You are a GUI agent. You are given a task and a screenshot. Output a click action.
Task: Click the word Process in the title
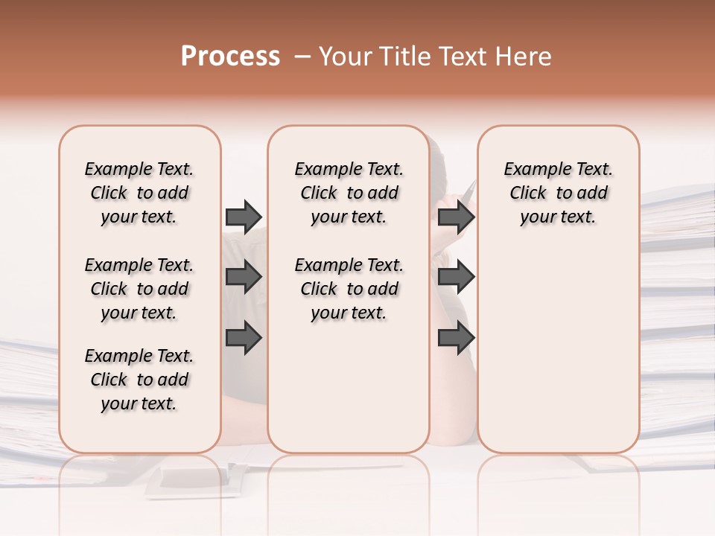click(230, 57)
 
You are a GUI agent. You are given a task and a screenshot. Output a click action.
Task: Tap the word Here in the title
click(524, 57)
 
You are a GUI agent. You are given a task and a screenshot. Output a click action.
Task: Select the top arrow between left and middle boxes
click(244, 217)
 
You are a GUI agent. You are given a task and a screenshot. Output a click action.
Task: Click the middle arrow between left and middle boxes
click(244, 278)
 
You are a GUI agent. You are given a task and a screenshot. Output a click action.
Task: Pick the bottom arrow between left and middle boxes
click(244, 337)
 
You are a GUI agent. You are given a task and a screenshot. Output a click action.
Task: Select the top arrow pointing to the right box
click(456, 217)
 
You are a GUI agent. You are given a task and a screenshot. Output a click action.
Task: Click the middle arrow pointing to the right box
click(456, 278)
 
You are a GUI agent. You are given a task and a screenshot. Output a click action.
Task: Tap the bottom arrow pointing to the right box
click(456, 337)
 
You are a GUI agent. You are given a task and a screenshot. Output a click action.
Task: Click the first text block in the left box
click(139, 193)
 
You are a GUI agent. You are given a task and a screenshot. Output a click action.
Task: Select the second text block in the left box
click(139, 289)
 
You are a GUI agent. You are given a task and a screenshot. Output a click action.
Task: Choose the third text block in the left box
click(139, 380)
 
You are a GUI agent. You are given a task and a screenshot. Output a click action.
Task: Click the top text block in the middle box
click(349, 193)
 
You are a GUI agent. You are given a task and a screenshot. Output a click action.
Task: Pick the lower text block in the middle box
click(349, 289)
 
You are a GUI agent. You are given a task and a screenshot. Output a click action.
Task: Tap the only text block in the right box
click(558, 193)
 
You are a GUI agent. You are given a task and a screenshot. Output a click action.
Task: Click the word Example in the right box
click(533, 170)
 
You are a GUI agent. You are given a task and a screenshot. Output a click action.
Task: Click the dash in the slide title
click(302, 57)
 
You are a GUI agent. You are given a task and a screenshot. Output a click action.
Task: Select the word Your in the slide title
click(345, 57)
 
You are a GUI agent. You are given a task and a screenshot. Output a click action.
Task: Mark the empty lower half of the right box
click(558, 357)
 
